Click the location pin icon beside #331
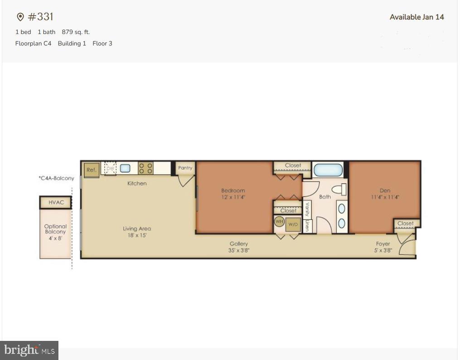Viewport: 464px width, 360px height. pos(20,17)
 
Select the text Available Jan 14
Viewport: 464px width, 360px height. pos(416,17)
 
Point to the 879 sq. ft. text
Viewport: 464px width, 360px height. pos(76,32)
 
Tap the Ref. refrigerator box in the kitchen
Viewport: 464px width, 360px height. pos(91,170)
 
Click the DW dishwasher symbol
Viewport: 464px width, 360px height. pos(110,168)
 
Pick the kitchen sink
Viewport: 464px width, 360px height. pos(125,168)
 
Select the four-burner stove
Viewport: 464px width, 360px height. pos(145,169)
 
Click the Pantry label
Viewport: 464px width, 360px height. pos(185,168)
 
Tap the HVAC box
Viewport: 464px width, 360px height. pos(56,202)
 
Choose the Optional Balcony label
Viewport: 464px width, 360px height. pos(55,229)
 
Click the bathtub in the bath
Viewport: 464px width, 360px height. pos(328,170)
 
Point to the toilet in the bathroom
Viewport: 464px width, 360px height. pos(338,189)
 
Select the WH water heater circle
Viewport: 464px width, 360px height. pos(279,222)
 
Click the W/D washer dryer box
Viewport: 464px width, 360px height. pos(293,224)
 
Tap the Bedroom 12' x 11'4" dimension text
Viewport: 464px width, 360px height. pos(233,197)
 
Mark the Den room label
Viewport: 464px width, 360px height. pos(385,191)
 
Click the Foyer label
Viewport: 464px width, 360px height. pos(383,244)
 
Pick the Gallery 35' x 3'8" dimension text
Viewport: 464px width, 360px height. pos(239,250)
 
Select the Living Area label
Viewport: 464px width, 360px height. pos(137,229)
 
